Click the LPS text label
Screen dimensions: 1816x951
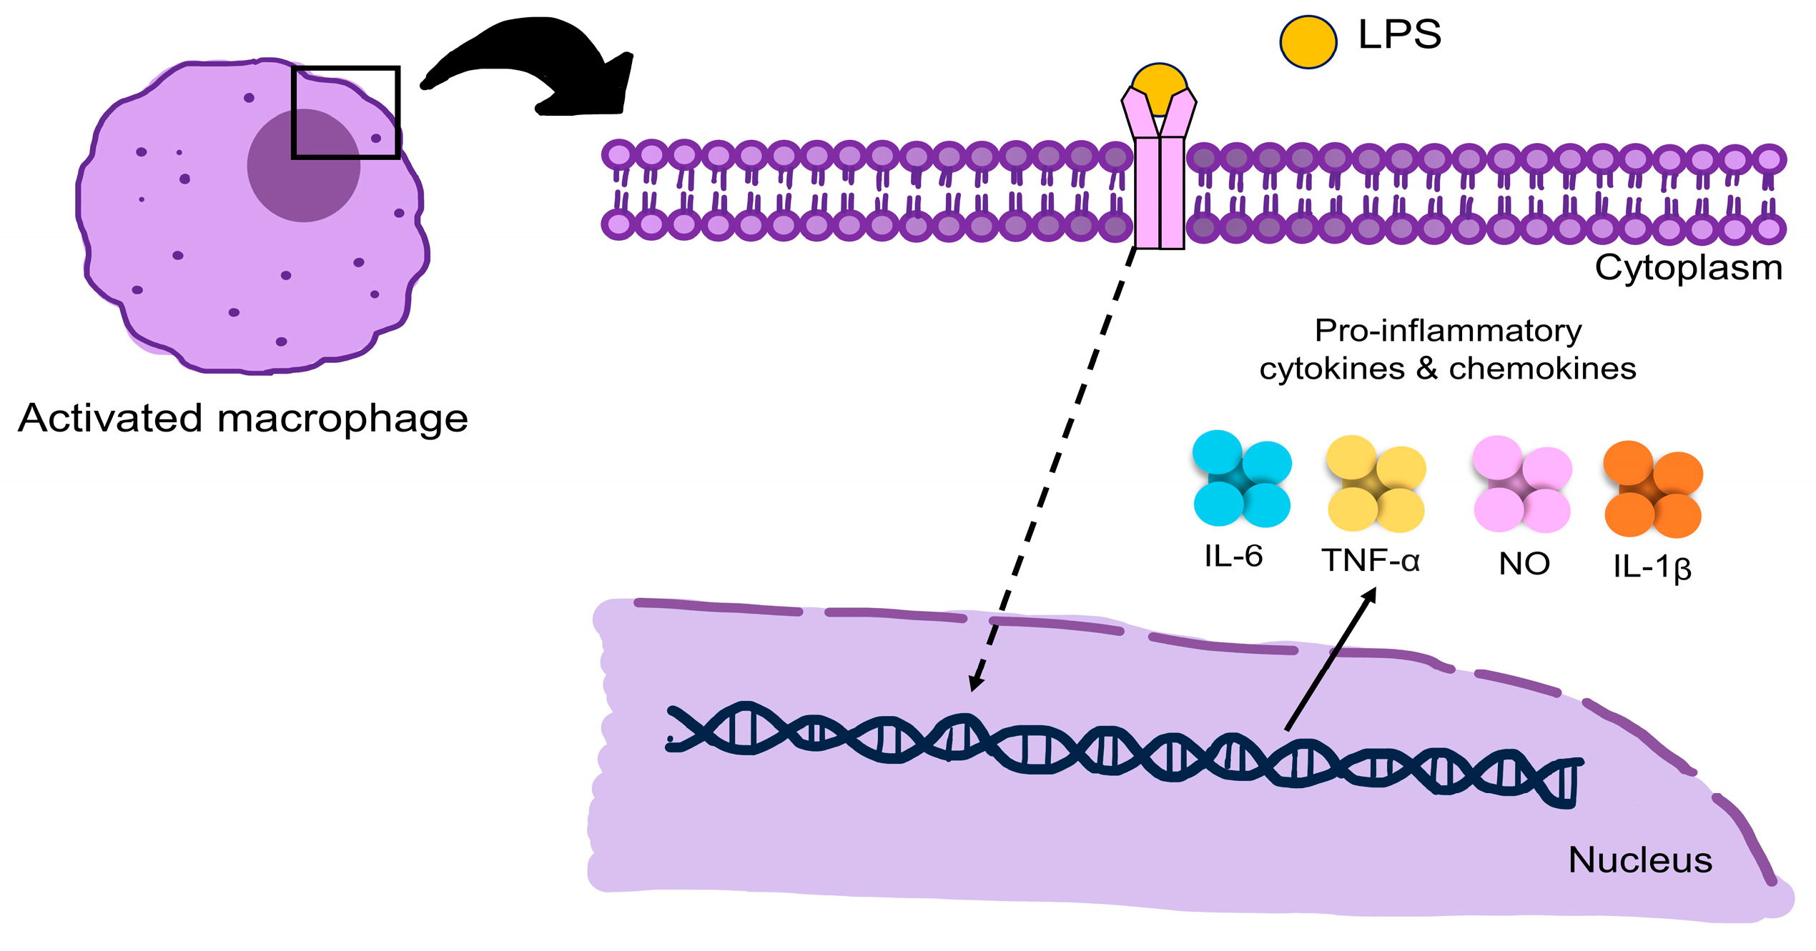pos(1399,34)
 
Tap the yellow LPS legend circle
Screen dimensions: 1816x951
pos(1308,42)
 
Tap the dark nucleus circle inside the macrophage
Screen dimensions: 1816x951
pos(303,165)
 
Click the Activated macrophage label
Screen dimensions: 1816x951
pos(243,419)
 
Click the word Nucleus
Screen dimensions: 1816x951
pos(1640,860)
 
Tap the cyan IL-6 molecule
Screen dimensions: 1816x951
pos(1242,479)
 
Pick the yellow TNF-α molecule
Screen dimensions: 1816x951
pos(1376,484)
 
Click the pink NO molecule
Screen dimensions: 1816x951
pos(1521,484)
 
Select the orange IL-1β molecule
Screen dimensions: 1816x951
pos(1652,489)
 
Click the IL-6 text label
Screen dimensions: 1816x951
pos(1233,557)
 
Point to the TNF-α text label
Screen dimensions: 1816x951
pos(1370,561)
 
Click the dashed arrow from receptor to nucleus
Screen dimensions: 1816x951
pos(1052,469)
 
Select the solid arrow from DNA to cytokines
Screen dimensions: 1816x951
pos(1330,659)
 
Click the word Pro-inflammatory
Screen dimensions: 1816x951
pos(1449,332)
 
